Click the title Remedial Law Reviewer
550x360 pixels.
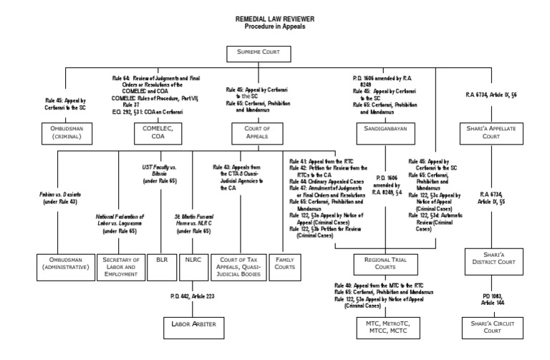pos(275,19)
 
